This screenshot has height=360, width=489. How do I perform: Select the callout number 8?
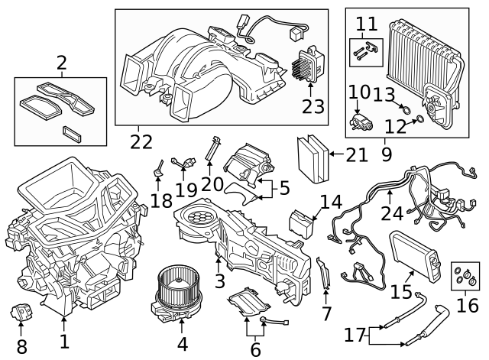[21, 346]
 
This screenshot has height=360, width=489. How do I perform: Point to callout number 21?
[356, 155]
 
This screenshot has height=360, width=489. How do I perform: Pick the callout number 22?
[141, 141]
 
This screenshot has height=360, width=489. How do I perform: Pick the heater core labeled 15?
[411, 255]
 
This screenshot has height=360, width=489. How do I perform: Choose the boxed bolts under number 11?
[365, 54]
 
